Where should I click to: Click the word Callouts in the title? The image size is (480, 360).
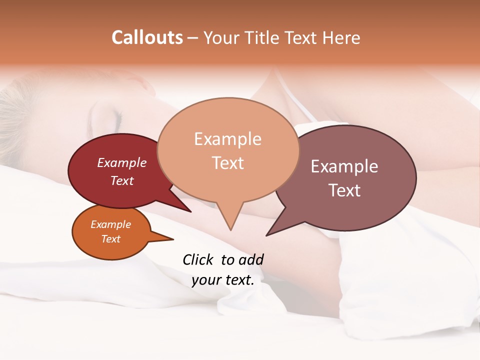[x=147, y=37]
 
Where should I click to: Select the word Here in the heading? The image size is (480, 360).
[x=341, y=37]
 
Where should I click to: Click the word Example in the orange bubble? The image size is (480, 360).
[x=110, y=224]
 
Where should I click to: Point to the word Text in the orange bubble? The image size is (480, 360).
[x=110, y=239]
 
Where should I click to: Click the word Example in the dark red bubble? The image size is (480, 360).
[x=121, y=162]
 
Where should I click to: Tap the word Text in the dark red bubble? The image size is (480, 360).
[x=121, y=180]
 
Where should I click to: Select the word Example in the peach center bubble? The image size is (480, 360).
[x=227, y=138]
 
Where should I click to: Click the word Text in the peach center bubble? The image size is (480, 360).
[x=227, y=162]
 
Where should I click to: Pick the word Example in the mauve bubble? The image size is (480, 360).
[x=344, y=166]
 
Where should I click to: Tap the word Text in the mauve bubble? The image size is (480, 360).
[x=344, y=190]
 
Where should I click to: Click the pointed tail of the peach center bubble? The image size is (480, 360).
[x=230, y=227]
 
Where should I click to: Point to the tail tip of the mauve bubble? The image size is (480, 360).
[x=267, y=234]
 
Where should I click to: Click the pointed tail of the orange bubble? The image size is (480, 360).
[x=171, y=239]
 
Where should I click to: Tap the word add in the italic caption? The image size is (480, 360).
[x=251, y=259]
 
